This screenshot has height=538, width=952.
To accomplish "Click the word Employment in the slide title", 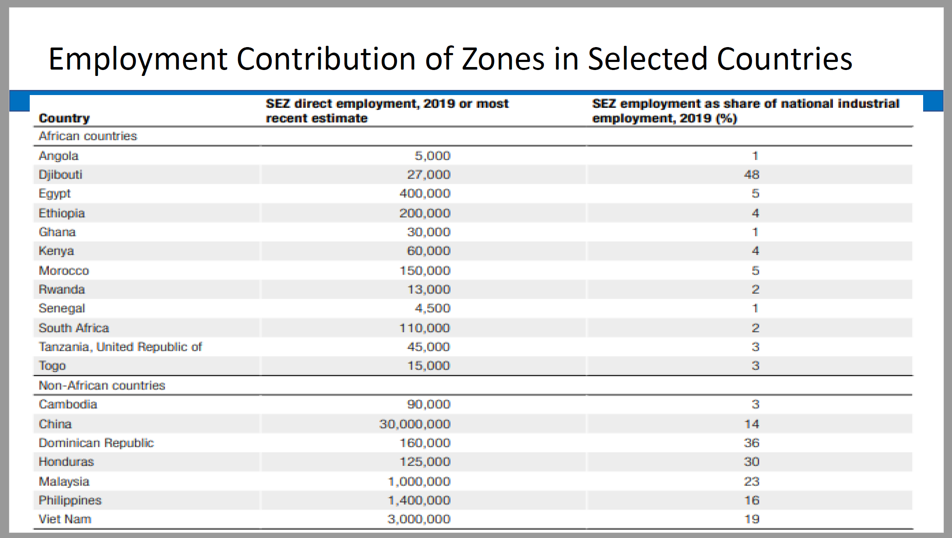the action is pos(138,59).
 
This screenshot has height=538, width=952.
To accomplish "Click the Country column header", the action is pos(64,118).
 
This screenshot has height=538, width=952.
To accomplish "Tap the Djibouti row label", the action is pos(60,175).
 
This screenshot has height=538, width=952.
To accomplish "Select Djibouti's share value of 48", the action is pos(752,174).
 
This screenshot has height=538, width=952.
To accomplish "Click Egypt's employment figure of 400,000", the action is pos(425,193).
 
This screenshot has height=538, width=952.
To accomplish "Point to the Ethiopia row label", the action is pos(62,213).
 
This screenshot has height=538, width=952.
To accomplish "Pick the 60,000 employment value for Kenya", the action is pos(428,251).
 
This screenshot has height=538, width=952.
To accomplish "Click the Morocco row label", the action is pos(64,271).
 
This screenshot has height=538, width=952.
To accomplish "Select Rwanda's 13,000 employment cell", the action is pos(429,289).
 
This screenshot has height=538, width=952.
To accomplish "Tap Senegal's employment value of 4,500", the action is pos(432,308).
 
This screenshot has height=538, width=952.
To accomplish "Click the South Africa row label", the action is pos(74,328).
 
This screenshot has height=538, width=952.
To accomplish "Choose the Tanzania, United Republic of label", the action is pos(120,347).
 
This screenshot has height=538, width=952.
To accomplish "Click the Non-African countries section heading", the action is pos(102,385).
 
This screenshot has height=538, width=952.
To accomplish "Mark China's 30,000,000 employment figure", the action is pos(415,424).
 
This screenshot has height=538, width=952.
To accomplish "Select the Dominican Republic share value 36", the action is pos(752,443).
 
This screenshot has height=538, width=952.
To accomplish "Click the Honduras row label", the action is pos(66,462).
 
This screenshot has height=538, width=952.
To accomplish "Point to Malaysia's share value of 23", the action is pos(752,482).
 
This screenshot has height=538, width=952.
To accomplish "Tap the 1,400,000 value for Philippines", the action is pos(419,500).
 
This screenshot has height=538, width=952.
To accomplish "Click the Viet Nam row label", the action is pos(65,519).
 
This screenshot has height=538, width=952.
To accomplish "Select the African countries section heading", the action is pos(88,136).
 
